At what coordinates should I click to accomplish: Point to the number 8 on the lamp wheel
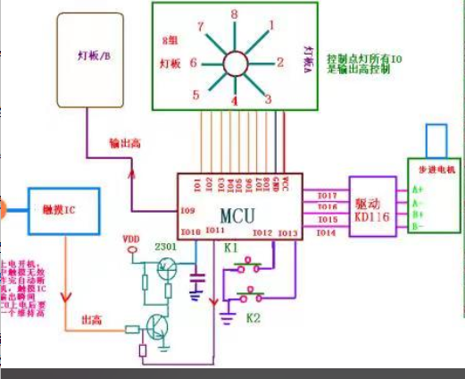[x=234, y=15]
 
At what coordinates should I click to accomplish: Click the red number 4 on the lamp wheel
[x=234, y=101]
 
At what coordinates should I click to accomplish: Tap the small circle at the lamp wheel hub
[x=236, y=63]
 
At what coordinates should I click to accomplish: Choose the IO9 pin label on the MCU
[x=187, y=211]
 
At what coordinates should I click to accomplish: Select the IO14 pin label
[x=326, y=232]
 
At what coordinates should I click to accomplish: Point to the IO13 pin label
[x=287, y=233]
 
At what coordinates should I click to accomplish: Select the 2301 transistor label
[x=166, y=245]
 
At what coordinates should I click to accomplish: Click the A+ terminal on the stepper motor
[x=417, y=189]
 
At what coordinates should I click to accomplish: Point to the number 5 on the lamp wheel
[x=195, y=94]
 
